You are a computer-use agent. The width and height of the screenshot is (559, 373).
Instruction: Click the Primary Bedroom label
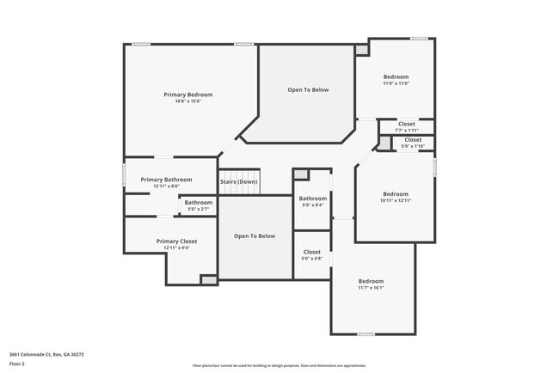[188, 95]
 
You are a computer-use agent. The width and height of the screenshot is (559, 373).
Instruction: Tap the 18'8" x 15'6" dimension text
[188, 101]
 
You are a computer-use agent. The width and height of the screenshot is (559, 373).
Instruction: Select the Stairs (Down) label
[238, 181]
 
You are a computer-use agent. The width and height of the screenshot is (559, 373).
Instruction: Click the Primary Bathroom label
[166, 180]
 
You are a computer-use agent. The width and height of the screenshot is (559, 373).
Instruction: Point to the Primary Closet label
[176, 242]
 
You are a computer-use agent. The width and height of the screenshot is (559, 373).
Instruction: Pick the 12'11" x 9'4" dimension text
[176, 248]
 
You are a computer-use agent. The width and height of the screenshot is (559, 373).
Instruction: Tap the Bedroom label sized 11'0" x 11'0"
[396, 76]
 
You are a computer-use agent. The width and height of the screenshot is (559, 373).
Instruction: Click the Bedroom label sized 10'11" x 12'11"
[396, 193]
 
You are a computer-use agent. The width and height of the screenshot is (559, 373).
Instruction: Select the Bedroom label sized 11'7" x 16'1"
[372, 281]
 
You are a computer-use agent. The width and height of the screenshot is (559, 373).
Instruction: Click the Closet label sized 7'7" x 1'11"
[407, 124]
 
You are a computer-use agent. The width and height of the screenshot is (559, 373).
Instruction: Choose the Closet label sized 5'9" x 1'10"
[413, 139]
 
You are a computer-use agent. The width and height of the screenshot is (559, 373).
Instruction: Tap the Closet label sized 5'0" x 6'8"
[312, 252]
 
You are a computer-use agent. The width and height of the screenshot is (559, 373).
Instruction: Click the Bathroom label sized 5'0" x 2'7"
[199, 202]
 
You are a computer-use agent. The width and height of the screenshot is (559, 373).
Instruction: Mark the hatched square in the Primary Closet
[208, 279]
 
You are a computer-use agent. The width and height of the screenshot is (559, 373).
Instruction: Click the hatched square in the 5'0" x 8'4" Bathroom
[301, 175]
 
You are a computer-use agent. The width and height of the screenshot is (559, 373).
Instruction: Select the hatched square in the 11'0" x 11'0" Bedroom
[362, 51]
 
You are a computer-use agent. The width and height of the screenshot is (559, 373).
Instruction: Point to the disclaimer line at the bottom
[279, 365]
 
